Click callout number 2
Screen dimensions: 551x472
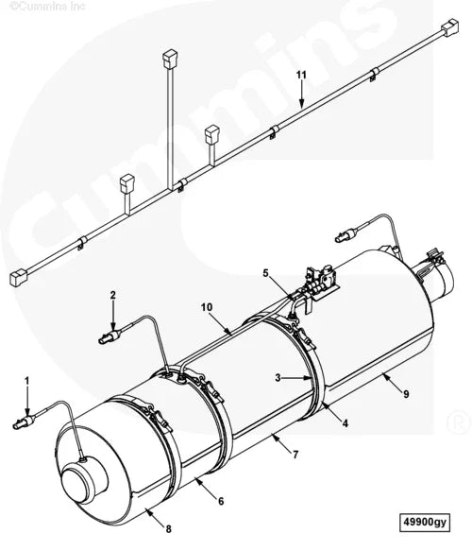click(x=112, y=296)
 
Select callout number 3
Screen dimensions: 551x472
click(x=278, y=377)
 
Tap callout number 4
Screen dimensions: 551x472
click(x=346, y=424)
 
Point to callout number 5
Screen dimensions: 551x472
click(x=267, y=274)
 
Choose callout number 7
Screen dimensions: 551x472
click(x=295, y=455)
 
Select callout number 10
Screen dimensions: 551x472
click(x=207, y=307)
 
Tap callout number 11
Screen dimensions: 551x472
click(x=301, y=74)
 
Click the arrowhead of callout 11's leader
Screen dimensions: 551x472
click(x=301, y=102)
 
